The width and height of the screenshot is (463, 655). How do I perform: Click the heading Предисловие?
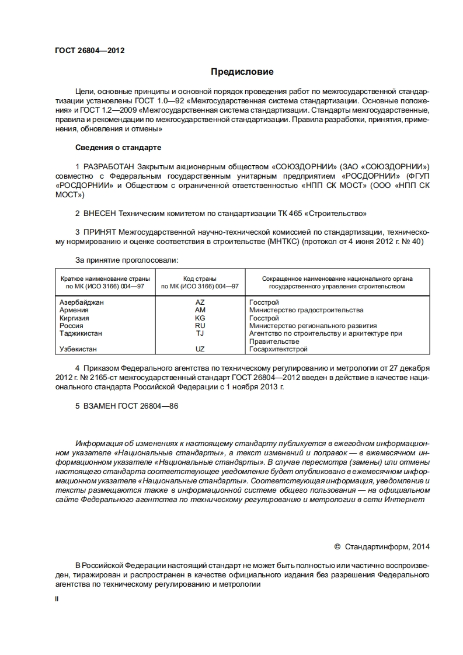(242, 72)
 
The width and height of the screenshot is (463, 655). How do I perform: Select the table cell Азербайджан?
(82, 302)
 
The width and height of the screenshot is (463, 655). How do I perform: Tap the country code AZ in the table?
(200, 302)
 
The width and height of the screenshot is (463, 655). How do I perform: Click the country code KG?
(200, 318)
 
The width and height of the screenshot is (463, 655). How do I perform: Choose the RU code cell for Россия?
(200, 326)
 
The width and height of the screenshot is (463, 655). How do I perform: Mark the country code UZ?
(200, 349)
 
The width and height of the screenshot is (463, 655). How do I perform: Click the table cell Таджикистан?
(81, 333)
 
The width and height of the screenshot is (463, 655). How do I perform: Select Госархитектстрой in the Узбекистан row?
(278, 349)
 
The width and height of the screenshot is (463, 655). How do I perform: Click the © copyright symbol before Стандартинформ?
(337, 547)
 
